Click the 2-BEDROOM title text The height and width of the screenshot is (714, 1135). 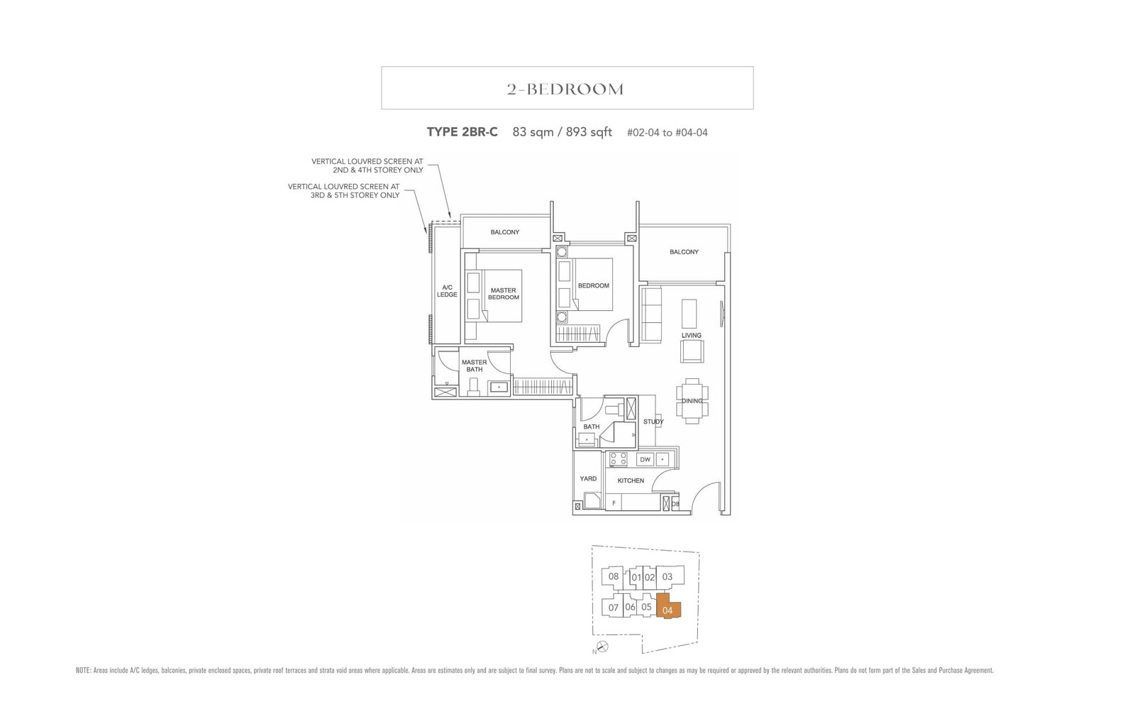[x=565, y=89]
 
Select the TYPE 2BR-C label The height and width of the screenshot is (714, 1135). [x=462, y=132]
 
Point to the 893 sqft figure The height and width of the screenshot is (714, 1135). [x=589, y=132]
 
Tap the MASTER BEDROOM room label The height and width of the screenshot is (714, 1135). [x=503, y=294]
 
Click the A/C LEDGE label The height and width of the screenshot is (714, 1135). [x=447, y=291]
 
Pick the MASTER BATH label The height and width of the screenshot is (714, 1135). [x=474, y=366]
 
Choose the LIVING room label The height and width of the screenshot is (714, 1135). [x=691, y=335]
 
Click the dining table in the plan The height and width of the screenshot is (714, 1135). [x=692, y=401]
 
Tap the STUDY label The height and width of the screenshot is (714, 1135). [x=653, y=422]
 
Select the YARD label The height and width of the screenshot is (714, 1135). [x=588, y=478]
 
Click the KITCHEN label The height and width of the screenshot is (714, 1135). [x=631, y=480]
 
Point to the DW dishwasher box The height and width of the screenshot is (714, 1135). [x=645, y=459]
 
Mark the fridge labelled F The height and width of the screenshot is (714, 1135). [x=614, y=502]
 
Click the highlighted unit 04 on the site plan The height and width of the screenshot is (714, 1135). [x=668, y=608]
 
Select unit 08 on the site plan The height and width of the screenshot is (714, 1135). [x=614, y=576]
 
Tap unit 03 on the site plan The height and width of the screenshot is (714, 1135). [x=667, y=576]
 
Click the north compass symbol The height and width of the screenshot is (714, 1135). [x=602, y=646]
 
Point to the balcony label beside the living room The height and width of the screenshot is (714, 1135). [x=684, y=252]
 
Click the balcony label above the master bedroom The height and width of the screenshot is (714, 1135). [x=504, y=232]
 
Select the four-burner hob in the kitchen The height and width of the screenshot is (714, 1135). [x=619, y=459]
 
